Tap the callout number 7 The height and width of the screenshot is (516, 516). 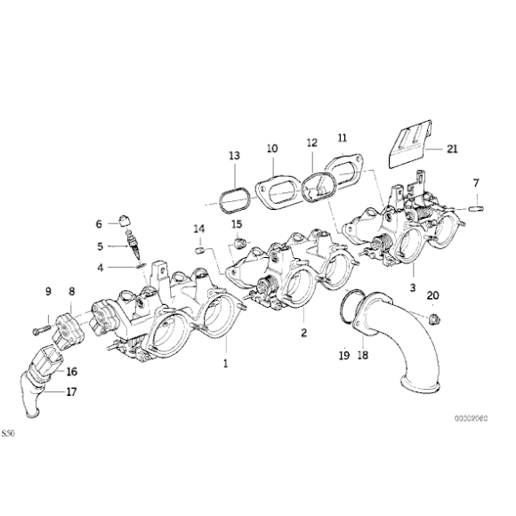pyautogui.click(x=476, y=183)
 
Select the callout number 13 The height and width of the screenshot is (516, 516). pyautogui.click(x=234, y=156)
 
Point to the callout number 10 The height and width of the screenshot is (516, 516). pyautogui.click(x=271, y=149)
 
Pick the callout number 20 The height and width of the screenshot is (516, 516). pyautogui.click(x=433, y=295)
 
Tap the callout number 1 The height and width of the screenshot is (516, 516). pyautogui.click(x=225, y=363)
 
